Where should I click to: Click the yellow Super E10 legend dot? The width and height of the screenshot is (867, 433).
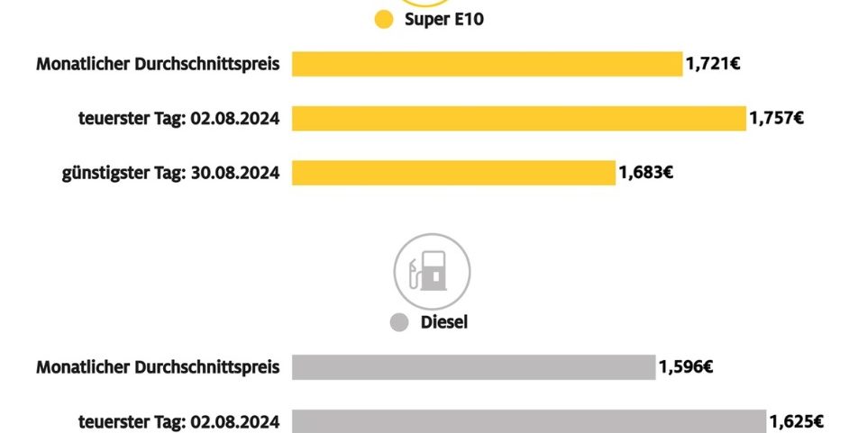(x=384, y=20)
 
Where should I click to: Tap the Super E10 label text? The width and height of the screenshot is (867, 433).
(x=444, y=20)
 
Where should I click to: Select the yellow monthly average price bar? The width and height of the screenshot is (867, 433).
(x=487, y=64)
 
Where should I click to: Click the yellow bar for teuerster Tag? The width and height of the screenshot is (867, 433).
(x=518, y=118)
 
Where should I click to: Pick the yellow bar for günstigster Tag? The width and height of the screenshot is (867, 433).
(x=453, y=172)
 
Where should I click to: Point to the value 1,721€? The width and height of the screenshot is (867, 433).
(x=713, y=64)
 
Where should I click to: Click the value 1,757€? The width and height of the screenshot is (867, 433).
(x=776, y=118)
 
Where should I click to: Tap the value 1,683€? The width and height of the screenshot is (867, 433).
(x=645, y=172)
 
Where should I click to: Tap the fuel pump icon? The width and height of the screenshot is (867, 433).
(x=432, y=271)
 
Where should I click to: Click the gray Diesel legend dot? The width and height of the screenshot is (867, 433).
(x=399, y=322)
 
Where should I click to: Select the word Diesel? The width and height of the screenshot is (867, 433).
(x=444, y=322)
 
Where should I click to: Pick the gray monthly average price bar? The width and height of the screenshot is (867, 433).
(x=473, y=367)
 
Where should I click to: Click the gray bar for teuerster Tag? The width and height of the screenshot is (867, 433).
(x=528, y=421)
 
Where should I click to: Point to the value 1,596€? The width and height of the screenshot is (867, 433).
(x=686, y=367)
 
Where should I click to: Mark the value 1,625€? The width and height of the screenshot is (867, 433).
(x=796, y=421)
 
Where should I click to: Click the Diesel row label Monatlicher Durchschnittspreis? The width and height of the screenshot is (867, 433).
(x=158, y=367)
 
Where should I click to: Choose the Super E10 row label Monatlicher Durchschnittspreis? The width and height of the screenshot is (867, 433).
(x=158, y=64)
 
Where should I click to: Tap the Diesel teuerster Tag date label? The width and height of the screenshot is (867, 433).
(x=235, y=421)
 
